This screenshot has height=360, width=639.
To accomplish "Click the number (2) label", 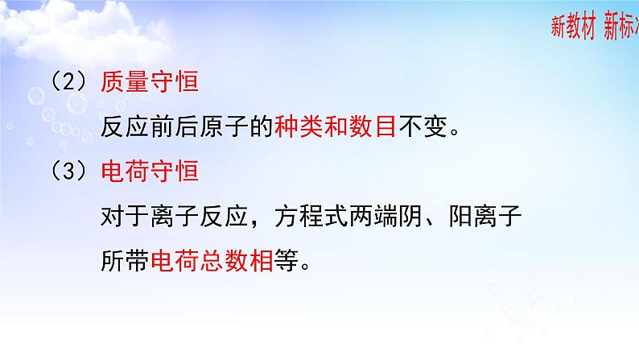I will click(68, 84).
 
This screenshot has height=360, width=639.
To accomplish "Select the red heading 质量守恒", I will click(150, 84).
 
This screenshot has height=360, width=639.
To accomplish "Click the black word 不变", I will click(419, 128).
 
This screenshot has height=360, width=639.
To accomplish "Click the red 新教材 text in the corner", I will click(573, 27).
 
